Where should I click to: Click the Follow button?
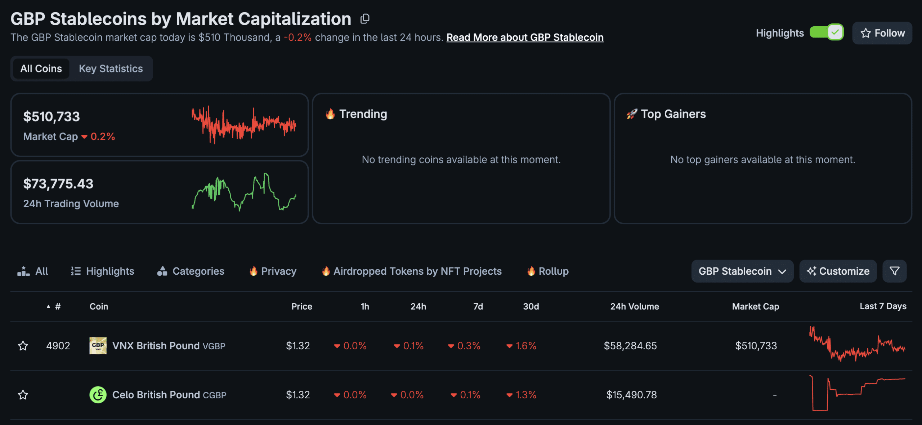pyautogui.click(x=882, y=33)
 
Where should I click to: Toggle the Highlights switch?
pyautogui.click(x=826, y=32)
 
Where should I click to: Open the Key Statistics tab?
pyautogui.click(x=111, y=68)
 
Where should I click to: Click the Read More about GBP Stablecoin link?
pyautogui.click(x=525, y=37)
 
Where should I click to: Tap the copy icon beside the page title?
pyautogui.click(x=365, y=19)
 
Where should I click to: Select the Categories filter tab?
pyautogui.click(x=191, y=271)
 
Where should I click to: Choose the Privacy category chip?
pyautogui.click(x=273, y=271)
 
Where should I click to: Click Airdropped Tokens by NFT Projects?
pyautogui.click(x=412, y=271)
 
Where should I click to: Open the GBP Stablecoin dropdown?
pyautogui.click(x=742, y=271)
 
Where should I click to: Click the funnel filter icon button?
pyautogui.click(x=894, y=271)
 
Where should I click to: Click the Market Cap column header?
pyautogui.click(x=755, y=306)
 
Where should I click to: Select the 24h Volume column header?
pyautogui.click(x=634, y=306)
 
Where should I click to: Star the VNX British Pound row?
pyautogui.click(x=23, y=346)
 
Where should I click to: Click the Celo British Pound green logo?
pyautogui.click(x=98, y=395)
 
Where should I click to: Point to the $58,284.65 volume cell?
pyautogui.click(x=630, y=346)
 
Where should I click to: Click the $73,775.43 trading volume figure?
pyautogui.click(x=58, y=184)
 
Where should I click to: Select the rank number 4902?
pyautogui.click(x=58, y=346)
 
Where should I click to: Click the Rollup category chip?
pyautogui.click(x=548, y=271)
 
